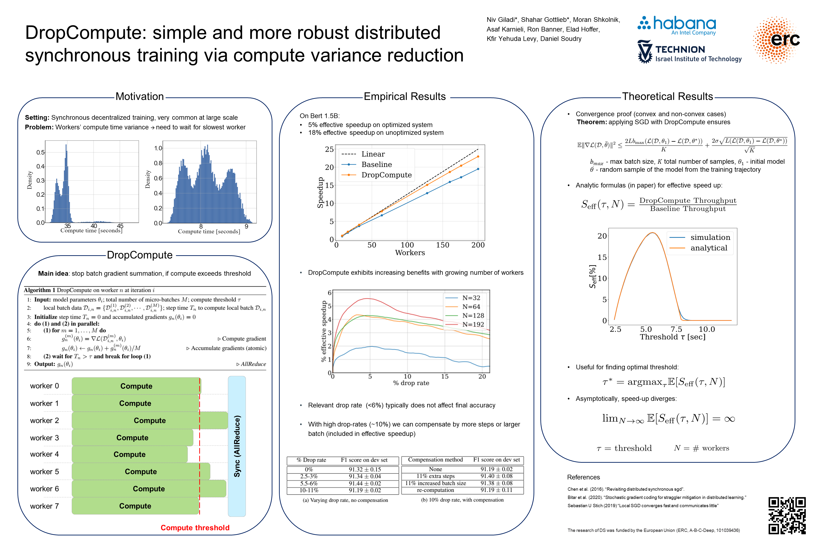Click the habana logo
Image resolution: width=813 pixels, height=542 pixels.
(x=677, y=25)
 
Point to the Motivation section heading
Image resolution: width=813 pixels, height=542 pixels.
(x=140, y=96)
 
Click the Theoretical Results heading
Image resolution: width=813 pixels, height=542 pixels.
(x=667, y=96)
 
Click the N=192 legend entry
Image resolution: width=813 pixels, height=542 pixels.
(x=473, y=324)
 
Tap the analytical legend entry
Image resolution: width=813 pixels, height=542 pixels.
(x=709, y=248)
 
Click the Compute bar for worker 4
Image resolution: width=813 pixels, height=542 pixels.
(x=130, y=454)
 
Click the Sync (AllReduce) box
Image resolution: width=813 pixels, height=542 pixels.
(x=237, y=446)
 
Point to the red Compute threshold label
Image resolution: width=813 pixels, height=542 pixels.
(x=195, y=527)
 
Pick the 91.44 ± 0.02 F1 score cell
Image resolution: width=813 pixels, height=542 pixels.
(x=365, y=483)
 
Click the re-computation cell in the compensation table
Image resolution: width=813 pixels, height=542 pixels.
(x=435, y=490)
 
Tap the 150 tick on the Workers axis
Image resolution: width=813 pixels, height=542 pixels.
(x=442, y=245)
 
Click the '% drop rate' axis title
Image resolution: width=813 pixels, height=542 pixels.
(x=411, y=383)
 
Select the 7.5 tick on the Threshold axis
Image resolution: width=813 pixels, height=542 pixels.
(x=676, y=329)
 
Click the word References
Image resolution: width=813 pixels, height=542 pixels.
(x=583, y=477)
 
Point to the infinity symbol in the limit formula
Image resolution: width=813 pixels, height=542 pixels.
(x=729, y=419)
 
